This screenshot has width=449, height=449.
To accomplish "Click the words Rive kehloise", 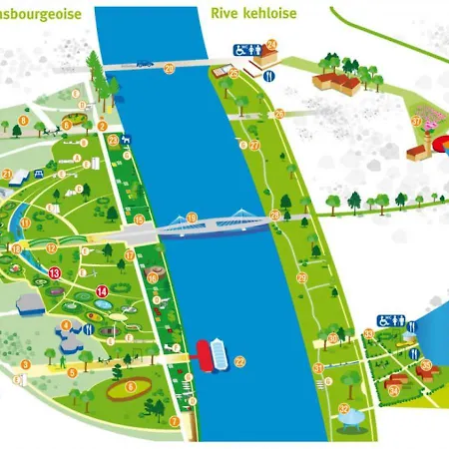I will coord(253,14).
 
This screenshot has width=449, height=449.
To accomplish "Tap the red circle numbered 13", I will coord(55,271).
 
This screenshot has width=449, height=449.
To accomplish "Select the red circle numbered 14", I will coord(102,291).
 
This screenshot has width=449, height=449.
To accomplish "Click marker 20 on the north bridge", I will coord(169,68).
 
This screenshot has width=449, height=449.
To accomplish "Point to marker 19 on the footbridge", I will coord(192,218).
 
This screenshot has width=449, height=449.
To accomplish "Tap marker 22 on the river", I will coord(238,360).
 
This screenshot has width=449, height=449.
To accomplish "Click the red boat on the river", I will coord(207,354).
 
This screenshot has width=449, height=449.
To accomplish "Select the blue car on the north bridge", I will coord(146,64).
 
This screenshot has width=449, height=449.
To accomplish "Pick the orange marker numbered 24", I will coord(270,45).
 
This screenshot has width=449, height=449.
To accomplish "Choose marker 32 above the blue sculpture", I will coord(343,408).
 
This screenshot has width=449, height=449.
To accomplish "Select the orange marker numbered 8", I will coord(22,123).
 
